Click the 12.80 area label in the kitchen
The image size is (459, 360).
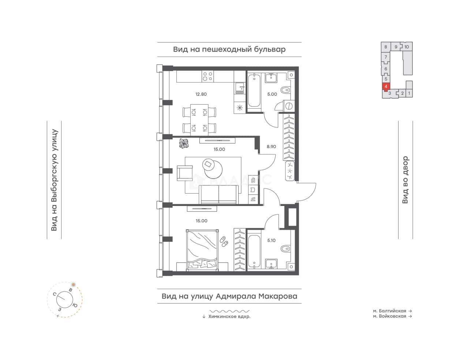point(201,94)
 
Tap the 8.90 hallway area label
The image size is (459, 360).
point(271,147)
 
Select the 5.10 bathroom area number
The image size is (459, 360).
point(272,240)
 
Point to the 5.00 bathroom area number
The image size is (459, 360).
point(272,94)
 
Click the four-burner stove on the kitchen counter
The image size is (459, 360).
point(208,76)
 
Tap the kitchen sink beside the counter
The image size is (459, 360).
point(240,88)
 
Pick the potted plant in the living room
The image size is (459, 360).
point(184,143)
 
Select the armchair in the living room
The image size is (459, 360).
point(184,173)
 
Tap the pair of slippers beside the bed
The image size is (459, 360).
point(224,241)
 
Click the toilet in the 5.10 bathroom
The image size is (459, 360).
point(286,248)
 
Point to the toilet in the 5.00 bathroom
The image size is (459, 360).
point(286,90)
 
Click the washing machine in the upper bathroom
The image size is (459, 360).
point(288,106)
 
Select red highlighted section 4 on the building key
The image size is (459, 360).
point(386,87)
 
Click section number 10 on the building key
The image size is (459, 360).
point(407,47)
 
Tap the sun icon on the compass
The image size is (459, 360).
point(74,284)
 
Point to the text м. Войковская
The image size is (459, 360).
point(389,316)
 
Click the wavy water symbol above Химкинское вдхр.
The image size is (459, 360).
point(229,311)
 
